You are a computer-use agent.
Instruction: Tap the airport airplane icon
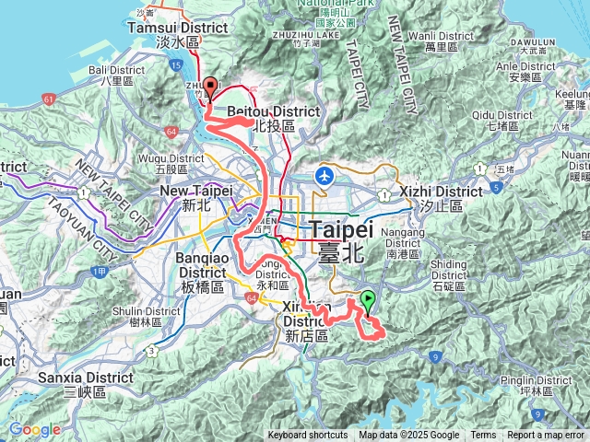click(324, 175)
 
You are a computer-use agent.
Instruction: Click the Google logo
click(34, 430)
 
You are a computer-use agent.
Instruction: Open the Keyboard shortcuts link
click(308, 436)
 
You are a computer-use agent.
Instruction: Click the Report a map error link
click(545, 436)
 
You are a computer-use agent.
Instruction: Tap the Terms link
click(483, 436)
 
